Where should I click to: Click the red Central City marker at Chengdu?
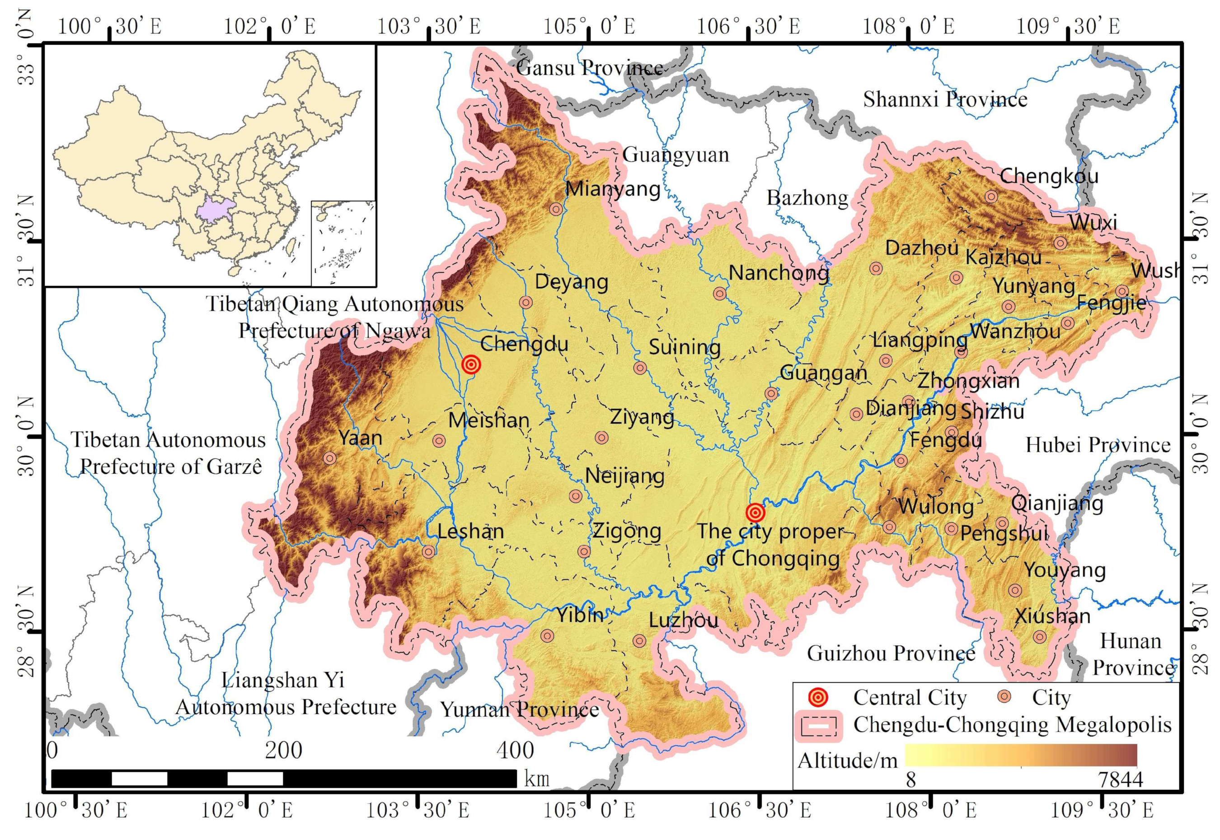[471, 364]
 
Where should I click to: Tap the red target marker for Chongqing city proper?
[755, 512]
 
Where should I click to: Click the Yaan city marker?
[329, 458]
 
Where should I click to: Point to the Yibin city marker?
[547, 635]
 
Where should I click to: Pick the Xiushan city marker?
[1039, 637]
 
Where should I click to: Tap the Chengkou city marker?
[991, 197]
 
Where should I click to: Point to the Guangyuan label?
[676, 155]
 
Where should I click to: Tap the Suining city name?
[684, 347]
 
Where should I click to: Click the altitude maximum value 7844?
[1120, 779]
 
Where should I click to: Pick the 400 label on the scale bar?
[515, 751]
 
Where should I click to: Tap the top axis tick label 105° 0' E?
[589, 26]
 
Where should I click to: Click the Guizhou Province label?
[891, 653]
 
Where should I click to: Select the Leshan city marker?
[429, 551]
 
